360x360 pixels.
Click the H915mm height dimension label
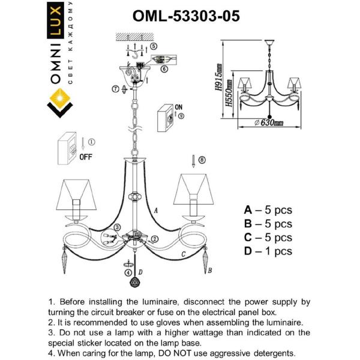pyautogui.click(x=220, y=76)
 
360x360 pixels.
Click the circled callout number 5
pyautogui.click(x=154, y=46)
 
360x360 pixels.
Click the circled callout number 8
pyautogui.click(x=202, y=160)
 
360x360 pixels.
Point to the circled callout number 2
pyautogui.click(x=155, y=239)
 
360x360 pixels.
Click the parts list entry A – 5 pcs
pyautogui.click(x=268, y=211)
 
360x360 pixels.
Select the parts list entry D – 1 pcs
pyautogui.click(x=268, y=251)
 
